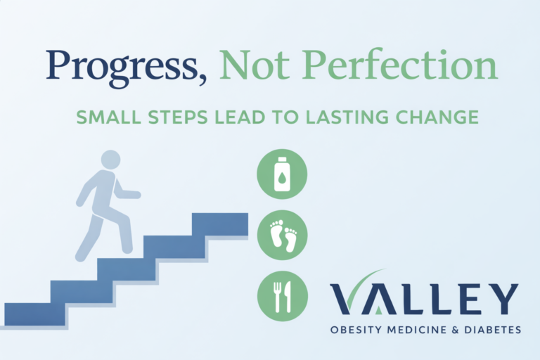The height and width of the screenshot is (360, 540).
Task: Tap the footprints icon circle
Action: (x=282, y=234)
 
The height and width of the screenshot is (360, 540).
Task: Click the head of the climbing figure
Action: (x=111, y=160)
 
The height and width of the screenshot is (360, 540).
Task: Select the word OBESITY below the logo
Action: (x=357, y=329)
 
